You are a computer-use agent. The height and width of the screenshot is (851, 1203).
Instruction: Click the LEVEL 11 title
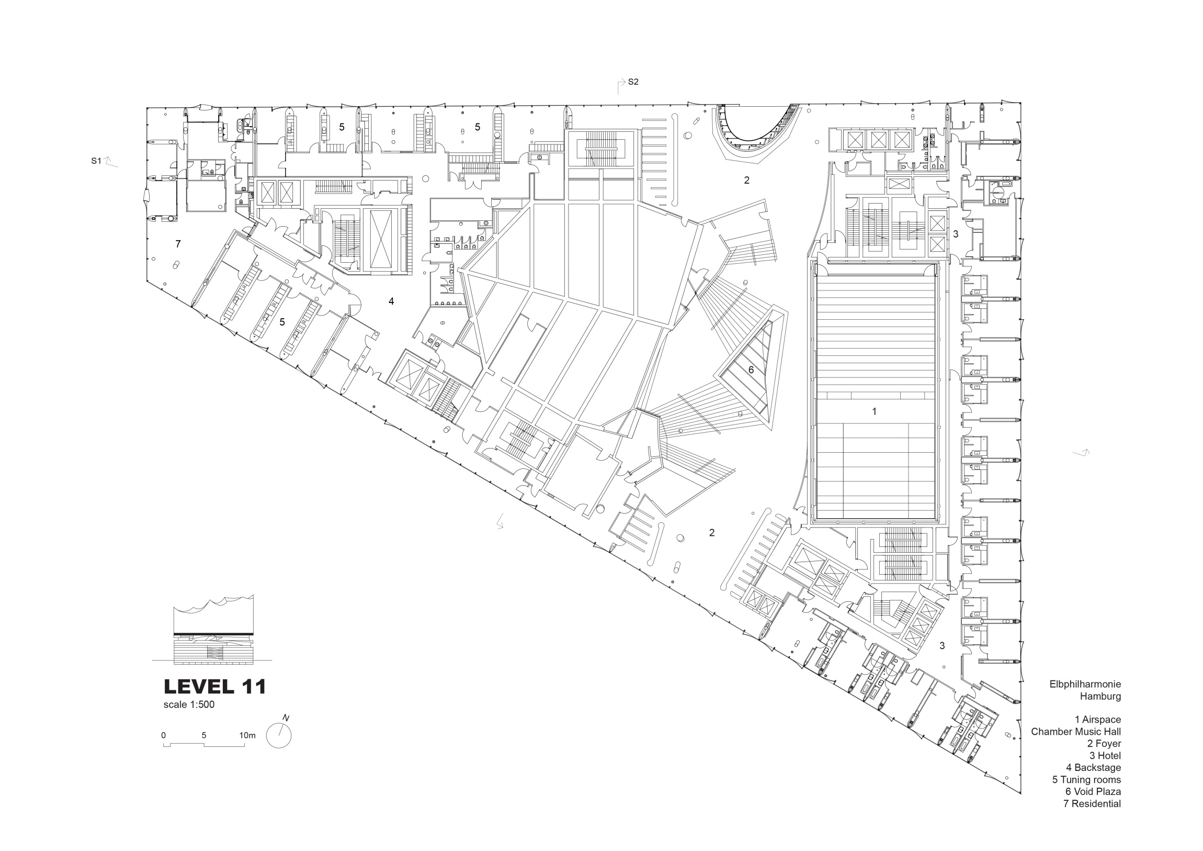pos(215,686)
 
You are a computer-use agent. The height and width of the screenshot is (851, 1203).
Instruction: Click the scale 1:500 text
pos(189,704)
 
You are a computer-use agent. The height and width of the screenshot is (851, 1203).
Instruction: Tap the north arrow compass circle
pos(279,735)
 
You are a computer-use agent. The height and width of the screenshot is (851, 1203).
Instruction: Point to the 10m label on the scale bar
pos(247,735)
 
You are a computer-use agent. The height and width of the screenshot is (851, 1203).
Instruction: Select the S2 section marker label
pos(633,82)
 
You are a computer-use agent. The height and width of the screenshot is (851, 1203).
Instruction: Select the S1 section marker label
pos(96,161)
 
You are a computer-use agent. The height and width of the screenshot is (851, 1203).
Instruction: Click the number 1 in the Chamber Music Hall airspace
pos(874,411)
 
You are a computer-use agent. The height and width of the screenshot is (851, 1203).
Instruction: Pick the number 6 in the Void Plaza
pos(751,369)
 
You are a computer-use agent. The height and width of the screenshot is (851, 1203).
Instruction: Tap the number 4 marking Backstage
pos(391,301)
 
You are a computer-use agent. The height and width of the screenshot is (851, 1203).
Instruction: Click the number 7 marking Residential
pos(178,244)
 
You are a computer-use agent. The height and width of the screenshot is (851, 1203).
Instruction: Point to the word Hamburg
pos(1100,697)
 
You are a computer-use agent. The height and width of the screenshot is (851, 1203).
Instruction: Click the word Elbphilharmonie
pos(1085,684)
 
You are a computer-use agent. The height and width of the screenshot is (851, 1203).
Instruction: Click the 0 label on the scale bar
pos(164,735)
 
